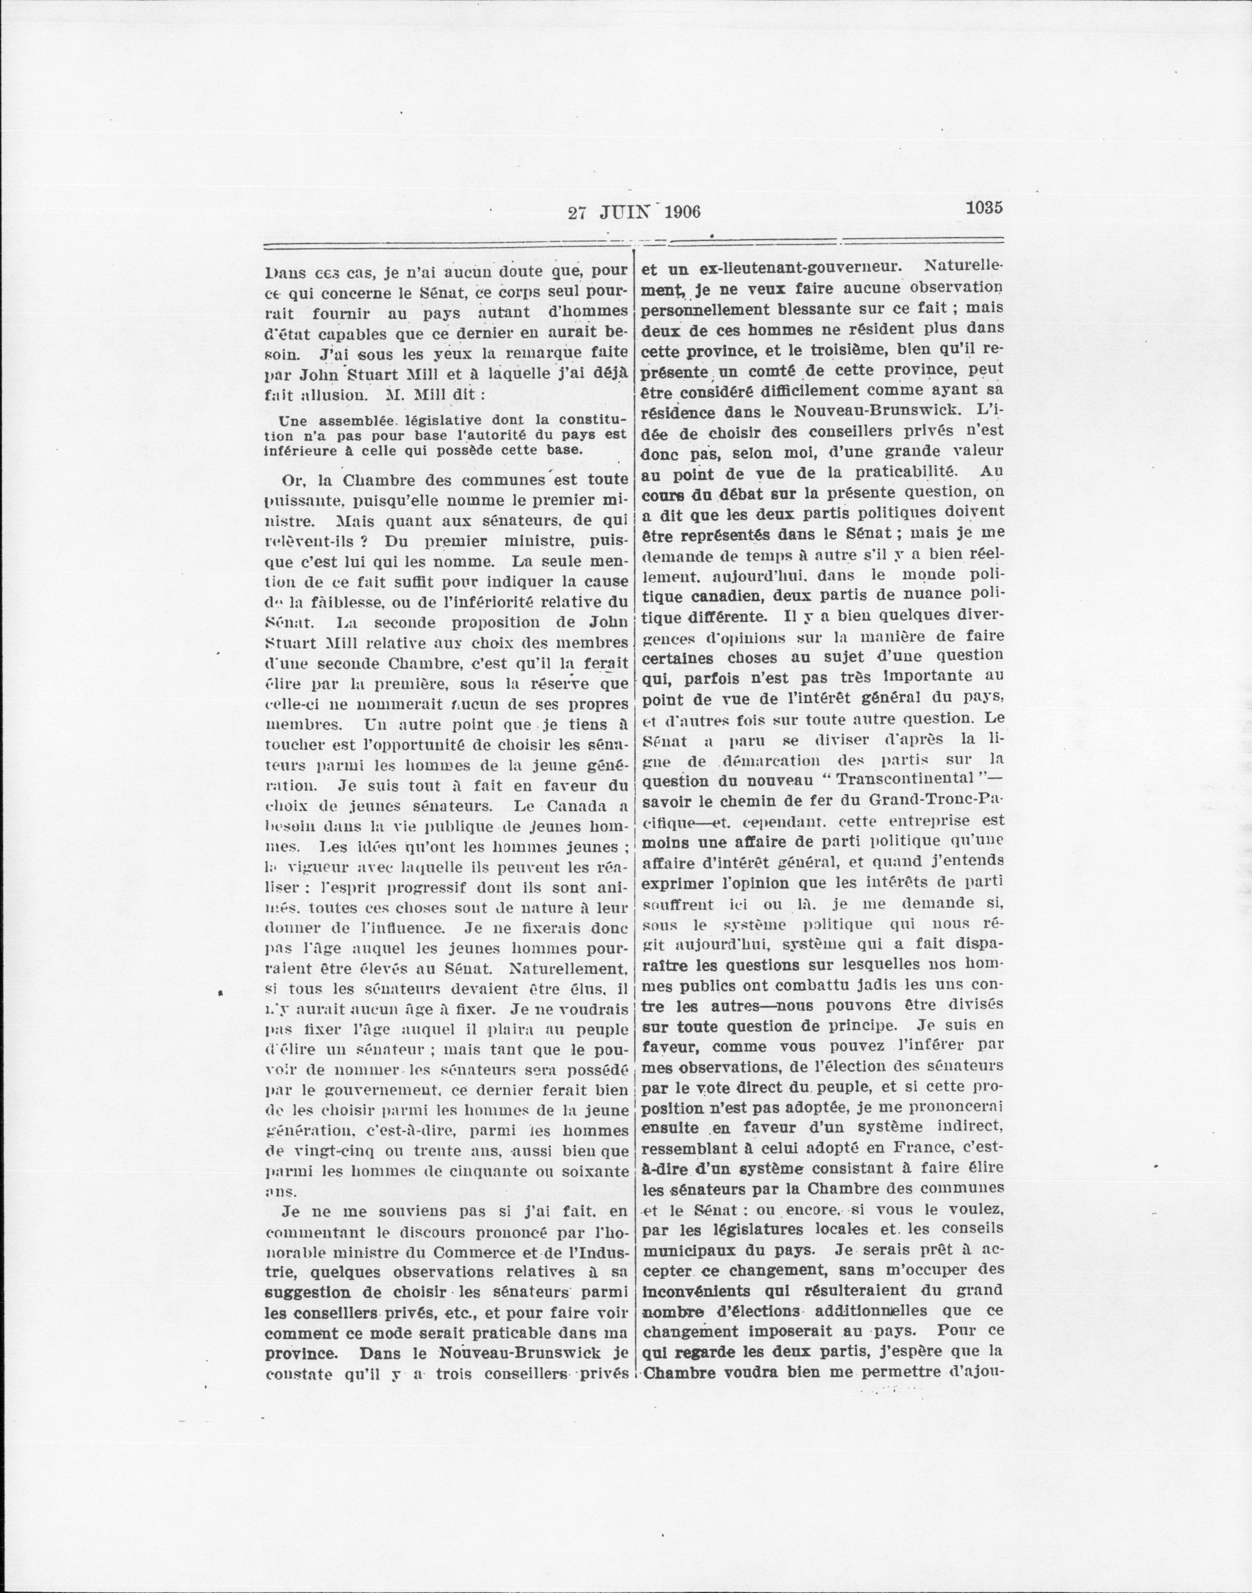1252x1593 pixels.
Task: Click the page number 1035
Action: click(x=983, y=207)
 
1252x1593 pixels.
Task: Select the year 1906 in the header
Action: click(x=683, y=213)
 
